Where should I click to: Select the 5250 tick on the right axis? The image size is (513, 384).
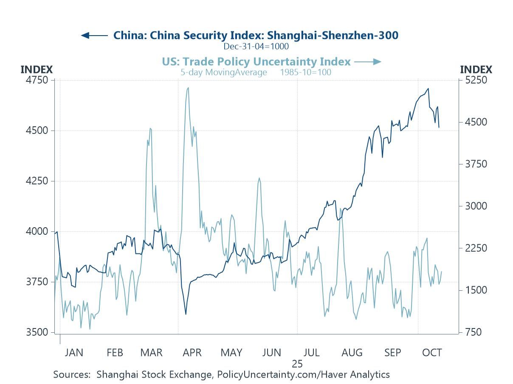coord(475,80)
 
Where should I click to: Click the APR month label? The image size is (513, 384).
coord(192,353)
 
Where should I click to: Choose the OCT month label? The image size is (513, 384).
coord(432,353)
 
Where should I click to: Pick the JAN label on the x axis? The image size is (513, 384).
coord(74,353)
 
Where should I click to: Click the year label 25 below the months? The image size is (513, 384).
coord(297,364)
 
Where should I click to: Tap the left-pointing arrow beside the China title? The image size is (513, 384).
coord(94,35)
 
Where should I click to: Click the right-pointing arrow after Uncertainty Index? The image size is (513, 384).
coord(368,62)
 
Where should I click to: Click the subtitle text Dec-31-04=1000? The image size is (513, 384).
coord(256,46)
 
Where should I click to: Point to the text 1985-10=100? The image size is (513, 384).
coord(305,72)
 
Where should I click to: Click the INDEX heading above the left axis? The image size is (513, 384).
coord(37,70)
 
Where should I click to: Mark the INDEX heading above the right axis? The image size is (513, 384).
coord(476,70)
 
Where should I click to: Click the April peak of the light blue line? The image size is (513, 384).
coord(188,88)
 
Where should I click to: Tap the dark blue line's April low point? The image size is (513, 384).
coord(186,314)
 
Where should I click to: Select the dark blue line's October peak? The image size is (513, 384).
coord(428,89)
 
